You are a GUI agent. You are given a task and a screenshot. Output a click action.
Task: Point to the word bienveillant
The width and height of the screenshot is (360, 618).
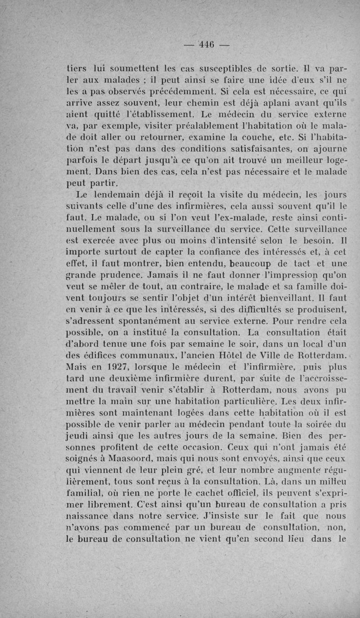tap(266, 298)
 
